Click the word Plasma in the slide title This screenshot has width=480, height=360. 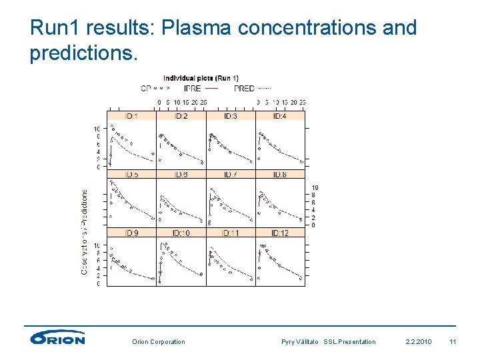point(197,27)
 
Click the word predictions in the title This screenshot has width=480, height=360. point(83,53)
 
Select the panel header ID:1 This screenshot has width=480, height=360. point(131,116)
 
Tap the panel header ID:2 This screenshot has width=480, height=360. point(181,116)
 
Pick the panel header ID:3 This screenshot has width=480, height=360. point(230,116)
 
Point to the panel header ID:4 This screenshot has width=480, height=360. point(280,116)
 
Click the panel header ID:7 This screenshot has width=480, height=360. point(230,174)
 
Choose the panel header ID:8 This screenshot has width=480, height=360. point(280,174)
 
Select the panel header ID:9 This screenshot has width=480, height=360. point(131,233)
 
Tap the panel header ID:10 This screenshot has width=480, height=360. point(181,233)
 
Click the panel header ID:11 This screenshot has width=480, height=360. point(230,233)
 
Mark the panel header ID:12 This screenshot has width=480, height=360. point(280,233)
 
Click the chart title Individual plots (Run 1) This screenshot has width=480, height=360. point(201,78)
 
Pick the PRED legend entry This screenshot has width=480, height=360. point(244,87)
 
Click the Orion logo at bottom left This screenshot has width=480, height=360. point(58,338)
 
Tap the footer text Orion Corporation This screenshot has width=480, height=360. point(159,342)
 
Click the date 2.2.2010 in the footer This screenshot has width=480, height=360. point(418,342)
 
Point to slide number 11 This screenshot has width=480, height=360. point(453,342)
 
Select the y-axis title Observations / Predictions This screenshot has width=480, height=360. point(85,231)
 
